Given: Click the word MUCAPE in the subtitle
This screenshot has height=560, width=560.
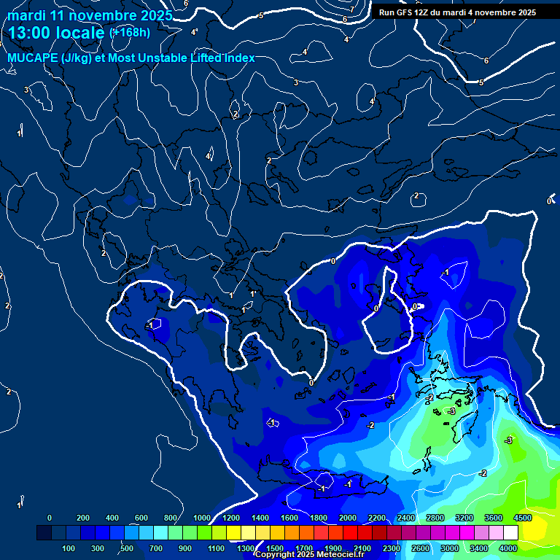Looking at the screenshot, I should (x=30, y=58).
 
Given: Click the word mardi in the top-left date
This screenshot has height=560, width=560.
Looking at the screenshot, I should (x=26, y=15).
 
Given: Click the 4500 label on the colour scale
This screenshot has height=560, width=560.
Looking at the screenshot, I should (x=522, y=518).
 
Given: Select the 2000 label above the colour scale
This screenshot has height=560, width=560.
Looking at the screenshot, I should (x=347, y=518).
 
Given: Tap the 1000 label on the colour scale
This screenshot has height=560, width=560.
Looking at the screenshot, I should (x=201, y=518).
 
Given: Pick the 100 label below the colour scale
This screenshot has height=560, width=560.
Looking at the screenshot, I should (x=69, y=548).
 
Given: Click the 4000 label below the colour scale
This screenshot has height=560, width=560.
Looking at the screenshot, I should (x=507, y=548).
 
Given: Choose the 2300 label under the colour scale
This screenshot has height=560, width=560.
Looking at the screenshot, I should (x=391, y=548).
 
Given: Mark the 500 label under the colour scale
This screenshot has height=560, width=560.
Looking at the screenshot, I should (x=128, y=548).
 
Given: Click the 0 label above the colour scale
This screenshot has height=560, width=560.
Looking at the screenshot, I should (x=50, y=518).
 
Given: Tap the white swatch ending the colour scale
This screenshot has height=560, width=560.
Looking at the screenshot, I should (x=510, y=533).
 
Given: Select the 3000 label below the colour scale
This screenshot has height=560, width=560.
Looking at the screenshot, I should (x=449, y=548).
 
